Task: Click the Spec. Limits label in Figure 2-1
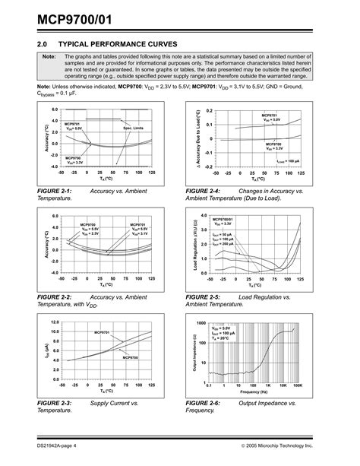pyautogui.click(x=133, y=129)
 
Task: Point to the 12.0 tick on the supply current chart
pyautogui.click(x=54, y=322)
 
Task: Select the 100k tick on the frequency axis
pyautogui.click(x=298, y=385)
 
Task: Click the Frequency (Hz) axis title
pyautogui.click(x=254, y=392)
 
